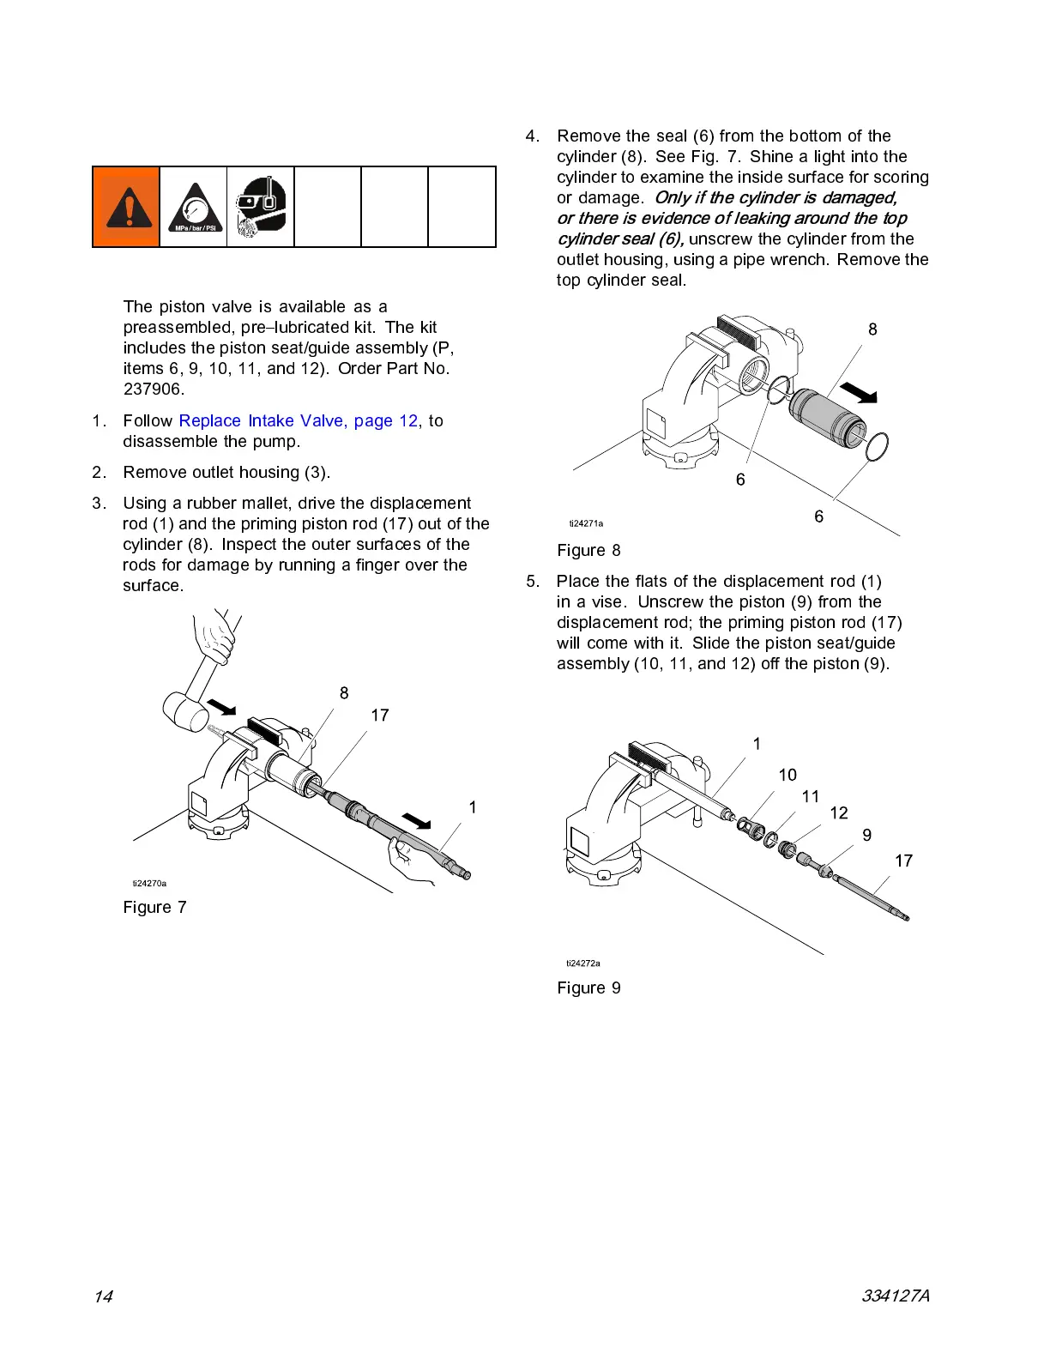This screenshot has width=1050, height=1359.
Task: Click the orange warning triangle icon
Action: (126, 207)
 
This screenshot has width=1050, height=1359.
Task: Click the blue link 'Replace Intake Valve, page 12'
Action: (298, 420)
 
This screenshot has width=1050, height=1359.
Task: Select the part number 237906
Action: (153, 389)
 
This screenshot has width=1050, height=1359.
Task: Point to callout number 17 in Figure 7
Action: (379, 716)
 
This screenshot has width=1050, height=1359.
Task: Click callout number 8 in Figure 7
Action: (344, 693)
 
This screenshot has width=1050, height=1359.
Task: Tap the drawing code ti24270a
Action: (149, 883)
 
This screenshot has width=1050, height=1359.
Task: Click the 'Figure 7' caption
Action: (154, 907)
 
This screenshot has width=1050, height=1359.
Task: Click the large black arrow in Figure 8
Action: (858, 393)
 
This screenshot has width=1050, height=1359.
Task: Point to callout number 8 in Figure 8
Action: (872, 329)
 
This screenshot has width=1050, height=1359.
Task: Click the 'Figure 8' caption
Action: (588, 550)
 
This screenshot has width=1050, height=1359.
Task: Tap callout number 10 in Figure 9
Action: (787, 775)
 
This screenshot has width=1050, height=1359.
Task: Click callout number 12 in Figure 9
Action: (838, 812)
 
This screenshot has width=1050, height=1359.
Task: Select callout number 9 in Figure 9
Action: (866, 835)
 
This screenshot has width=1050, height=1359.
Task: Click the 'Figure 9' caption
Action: (588, 988)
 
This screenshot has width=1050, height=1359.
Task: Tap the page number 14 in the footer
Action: (103, 1296)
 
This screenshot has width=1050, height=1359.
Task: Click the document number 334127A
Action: (896, 1296)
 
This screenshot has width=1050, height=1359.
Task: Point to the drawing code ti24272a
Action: (583, 963)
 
